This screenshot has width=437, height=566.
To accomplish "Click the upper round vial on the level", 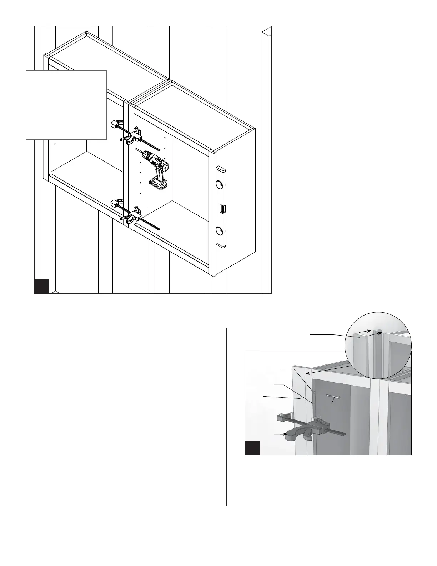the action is pyautogui.click(x=218, y=185).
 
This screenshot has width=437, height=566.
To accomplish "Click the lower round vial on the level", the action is pyautogui.click(x=218, y=230).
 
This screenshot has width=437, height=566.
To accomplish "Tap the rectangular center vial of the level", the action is pyautogui.click(x=222, y=208).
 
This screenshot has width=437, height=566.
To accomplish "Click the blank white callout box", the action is pyautogui.click(x=66, y=105).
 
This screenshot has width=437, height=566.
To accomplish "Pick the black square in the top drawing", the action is pyautogui.click(x=41, y=286).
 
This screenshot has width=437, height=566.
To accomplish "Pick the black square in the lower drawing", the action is pyautogui.click(x=252, y=448).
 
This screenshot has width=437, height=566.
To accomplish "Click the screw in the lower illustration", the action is pyautogui.click(x=333, y=397).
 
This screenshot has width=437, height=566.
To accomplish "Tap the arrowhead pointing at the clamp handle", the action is pyautogui.click(x=285, y=435).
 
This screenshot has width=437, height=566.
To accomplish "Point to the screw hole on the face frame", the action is pyautogui.click(x=313, y=392).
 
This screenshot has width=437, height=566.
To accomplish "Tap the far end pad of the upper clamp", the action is pyautogui.click(x=114, y=125).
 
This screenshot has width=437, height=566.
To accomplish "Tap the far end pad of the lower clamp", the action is pyautogui.click(x=114, y=203).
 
